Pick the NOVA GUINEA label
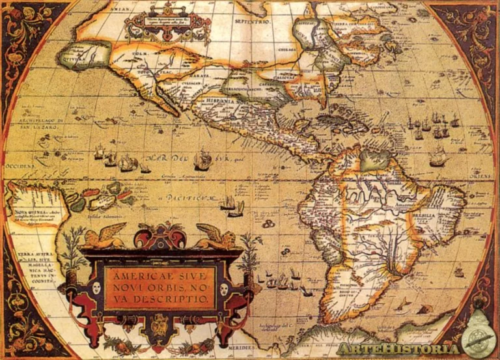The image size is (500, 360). [x=26, y=212]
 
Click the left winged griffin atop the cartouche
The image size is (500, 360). [x=104, y=235]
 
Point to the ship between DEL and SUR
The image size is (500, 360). [x=202, y=159]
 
